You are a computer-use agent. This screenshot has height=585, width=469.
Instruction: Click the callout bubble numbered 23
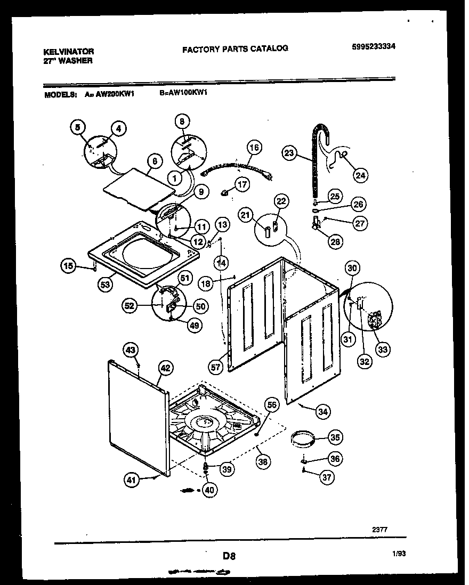[x=288, y=153]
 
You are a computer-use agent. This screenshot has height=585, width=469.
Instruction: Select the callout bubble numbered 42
[x=165, y=367]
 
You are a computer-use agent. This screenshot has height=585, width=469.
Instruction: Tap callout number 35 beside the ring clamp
[x=334, y=438]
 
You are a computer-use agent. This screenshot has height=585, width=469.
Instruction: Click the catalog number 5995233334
[x=374, y=47]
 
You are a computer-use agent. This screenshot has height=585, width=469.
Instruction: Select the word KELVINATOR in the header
[x=68, y=52]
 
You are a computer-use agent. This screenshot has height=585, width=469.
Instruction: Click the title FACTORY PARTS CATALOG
[x=235, y=48]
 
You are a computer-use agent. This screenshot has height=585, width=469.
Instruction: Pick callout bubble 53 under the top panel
[x=105, y=285]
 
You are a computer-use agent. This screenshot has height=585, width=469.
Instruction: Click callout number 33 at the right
[x=382, y=349]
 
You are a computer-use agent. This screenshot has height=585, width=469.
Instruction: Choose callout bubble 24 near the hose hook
[x=361, y=175]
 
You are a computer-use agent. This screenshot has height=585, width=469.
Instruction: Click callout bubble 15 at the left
[x=68, y=265]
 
